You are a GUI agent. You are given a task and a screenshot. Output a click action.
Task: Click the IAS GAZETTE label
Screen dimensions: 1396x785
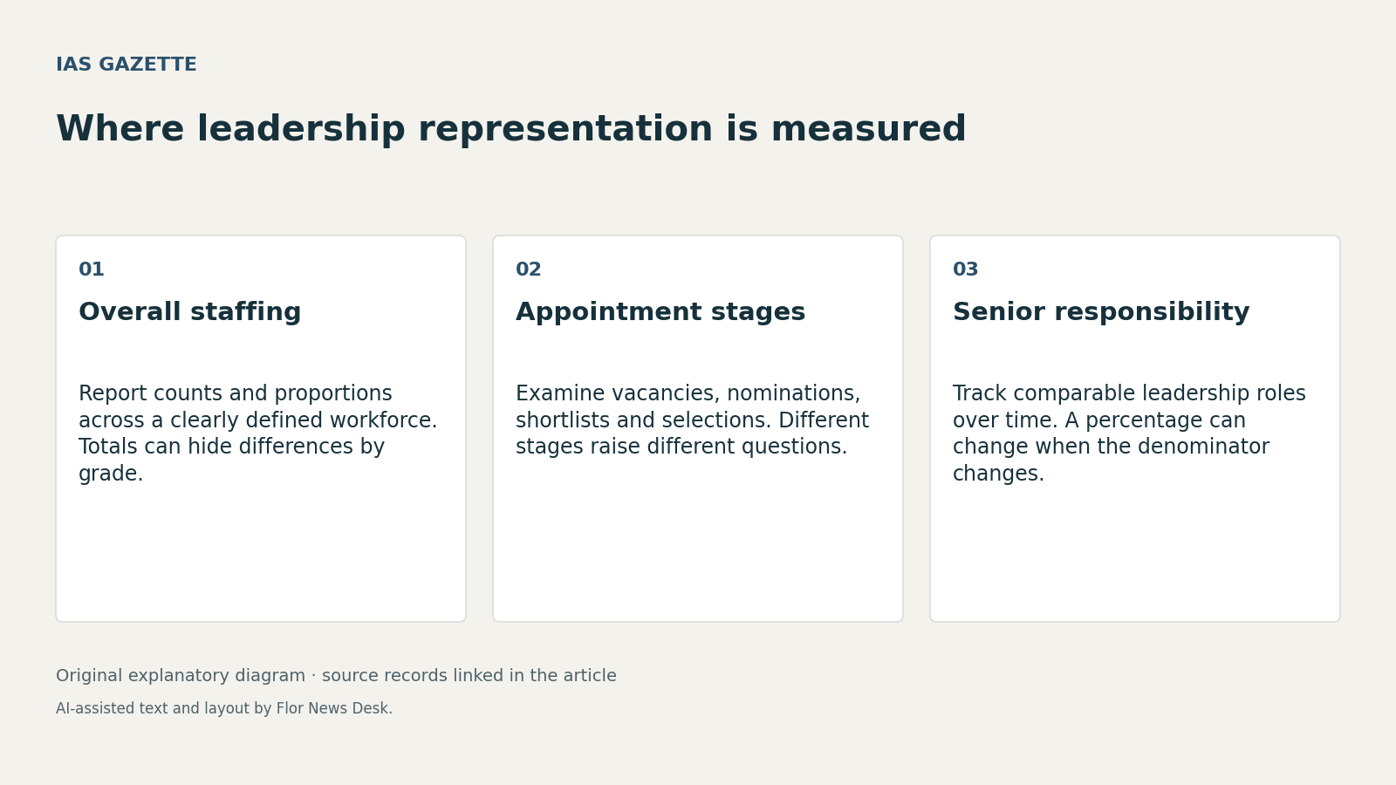point(126,65)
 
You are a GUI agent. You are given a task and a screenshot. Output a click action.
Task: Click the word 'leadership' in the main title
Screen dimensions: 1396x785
point(301,129)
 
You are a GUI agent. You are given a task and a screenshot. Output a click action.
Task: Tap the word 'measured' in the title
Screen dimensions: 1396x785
point(869,129)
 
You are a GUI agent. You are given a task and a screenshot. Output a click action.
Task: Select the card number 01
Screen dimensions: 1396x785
point(91,270)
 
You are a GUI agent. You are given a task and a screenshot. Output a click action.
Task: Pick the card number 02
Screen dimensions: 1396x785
point(529,270)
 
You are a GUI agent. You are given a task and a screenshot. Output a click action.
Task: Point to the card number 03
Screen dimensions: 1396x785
point(965,270)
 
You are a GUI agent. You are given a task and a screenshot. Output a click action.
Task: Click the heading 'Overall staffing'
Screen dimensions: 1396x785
point(189,311)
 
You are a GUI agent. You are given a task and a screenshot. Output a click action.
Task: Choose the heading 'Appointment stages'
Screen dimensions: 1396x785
point(660,311)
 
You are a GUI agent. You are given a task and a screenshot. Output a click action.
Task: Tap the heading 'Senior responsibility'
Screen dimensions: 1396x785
point(1101,311)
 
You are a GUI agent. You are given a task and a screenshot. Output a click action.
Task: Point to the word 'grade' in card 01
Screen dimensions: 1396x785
point(107,474)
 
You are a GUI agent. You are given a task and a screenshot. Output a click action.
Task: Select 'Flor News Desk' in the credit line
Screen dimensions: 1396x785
point(332,708)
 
